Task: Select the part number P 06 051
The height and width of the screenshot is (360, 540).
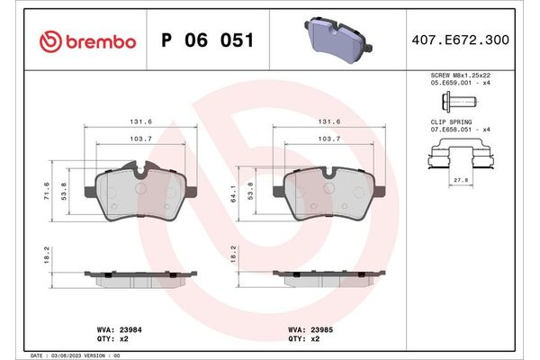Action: click(x=206, y=41)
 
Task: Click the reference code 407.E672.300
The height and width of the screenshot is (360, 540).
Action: click(x=472, y=41)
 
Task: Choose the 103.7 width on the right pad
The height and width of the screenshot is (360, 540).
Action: click(x=328, y=139)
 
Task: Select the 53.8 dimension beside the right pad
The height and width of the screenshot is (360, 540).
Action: click(x=256, y=193)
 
